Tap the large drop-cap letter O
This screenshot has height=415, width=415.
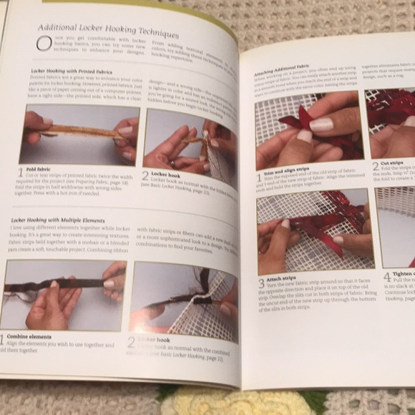pos(44,44)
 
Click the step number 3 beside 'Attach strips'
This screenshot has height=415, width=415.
pos(262,285)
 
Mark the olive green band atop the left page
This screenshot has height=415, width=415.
pos(129,4)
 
